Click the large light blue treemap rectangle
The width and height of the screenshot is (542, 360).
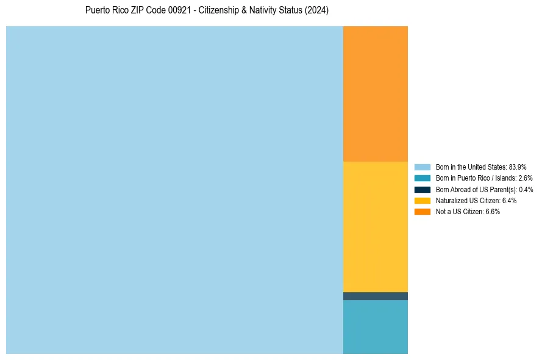pyautogui.click(x=174, y=190)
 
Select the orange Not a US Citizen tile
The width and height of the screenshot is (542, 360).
pyautogui.click(x=376, y=93)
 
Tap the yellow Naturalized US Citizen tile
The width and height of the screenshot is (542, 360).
pyautogui.click(x=376, y=226)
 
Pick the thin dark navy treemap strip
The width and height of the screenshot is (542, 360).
pyautogui.click(x=376, y=296)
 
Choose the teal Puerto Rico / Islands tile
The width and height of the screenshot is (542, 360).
pyautogui.click(x=376, y=326)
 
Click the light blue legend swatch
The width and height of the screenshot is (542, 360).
pyautogui.click(x=423, y=167)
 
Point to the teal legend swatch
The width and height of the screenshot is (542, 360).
pyautogui.click(x=423, y=178)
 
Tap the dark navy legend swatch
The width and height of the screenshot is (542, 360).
pyautogui.click(x=423, y=189)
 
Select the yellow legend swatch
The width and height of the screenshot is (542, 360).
pyautogui.click(x=423, y=200)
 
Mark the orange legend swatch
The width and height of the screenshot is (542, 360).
pyautogui.click(x=423, y=212)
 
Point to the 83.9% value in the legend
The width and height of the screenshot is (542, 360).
pyautogui.click(x=518, y=167)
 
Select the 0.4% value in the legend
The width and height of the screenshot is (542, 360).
pyautogui.click(x=526, y=189)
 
